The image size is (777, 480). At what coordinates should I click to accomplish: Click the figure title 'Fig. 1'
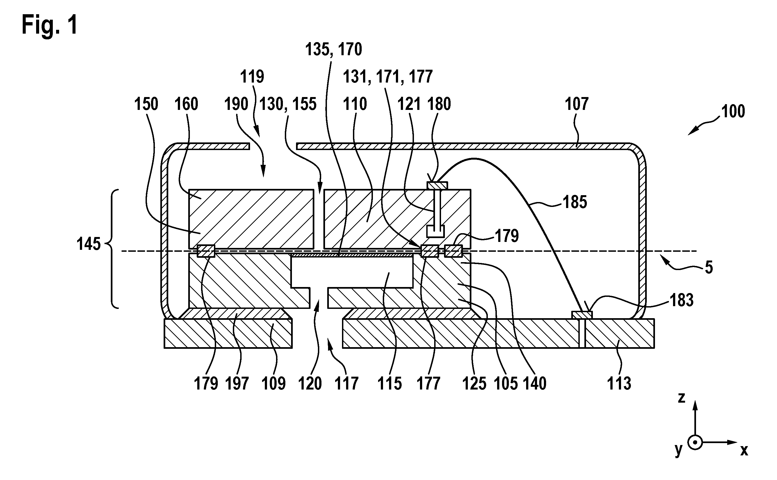click(50, 25)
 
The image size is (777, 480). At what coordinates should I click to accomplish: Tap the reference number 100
click(733, 112)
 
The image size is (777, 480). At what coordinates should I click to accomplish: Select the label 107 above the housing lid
click(576, 104)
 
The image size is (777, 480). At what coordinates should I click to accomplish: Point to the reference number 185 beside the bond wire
click(575, 202)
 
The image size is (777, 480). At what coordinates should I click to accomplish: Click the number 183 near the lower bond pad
click(682, 300)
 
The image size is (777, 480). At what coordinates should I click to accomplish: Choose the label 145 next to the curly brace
click(89, 244)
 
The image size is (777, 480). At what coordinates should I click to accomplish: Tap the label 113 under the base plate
click(619, 384)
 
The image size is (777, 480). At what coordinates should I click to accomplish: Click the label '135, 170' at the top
click(334, 49)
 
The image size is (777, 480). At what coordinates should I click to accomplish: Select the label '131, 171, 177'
click(388, 77)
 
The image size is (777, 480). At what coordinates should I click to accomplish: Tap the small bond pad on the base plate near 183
click(582, 315)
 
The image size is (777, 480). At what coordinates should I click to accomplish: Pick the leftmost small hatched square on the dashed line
click(206, 251)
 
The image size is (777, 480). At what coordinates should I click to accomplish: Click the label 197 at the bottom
click(237, 384)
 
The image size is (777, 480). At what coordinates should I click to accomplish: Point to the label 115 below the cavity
click(389, 384)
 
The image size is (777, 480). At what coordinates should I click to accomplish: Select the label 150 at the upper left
click(146, 104)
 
